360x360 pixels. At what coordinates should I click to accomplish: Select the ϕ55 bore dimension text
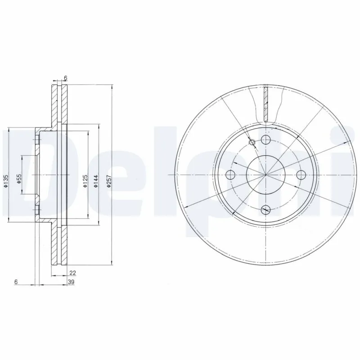pos(19,180)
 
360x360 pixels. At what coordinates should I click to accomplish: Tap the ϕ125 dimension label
pos(85,180)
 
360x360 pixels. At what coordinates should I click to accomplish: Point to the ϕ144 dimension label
pos(96,181)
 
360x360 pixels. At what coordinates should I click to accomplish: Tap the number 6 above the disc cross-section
pos(66,78)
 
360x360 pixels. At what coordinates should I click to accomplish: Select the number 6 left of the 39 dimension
pos(16,282)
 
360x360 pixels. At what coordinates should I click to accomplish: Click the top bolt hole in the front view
pos(266,140)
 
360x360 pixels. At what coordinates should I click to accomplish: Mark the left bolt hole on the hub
pos(231,175)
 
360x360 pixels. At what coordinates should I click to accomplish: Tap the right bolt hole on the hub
pos(300,175)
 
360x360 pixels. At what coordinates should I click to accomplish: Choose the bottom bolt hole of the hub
pos(266,209)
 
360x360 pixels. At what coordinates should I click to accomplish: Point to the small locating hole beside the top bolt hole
pos(252,143)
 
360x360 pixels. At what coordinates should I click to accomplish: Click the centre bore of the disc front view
pos(266,175)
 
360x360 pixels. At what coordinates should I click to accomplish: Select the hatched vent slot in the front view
pos(266,104)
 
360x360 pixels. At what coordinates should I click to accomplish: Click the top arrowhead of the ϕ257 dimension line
pos(111,86)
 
